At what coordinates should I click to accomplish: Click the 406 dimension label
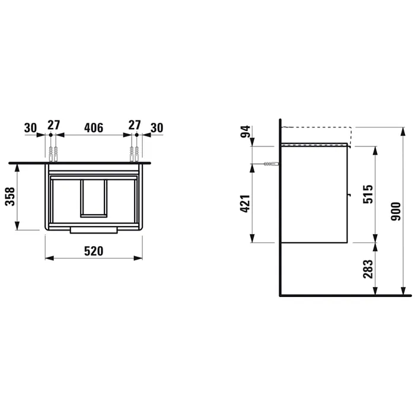click(x=94, y=128)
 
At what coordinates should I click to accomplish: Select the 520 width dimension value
click(x=94, y=251)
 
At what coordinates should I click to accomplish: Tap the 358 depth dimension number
click(x=10, y=196)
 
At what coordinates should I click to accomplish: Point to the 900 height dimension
click(x=396, y=212)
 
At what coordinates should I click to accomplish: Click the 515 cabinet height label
click(x=368, y=194)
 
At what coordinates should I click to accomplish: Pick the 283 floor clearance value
click(x=368, y=269)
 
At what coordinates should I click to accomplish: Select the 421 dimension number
click(x=245, y=203)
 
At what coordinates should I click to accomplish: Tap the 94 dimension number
click(x=245, y=132)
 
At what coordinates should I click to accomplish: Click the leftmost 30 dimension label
click(x=30, y=128)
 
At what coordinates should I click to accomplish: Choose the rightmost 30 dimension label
click(x=157, y=128)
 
